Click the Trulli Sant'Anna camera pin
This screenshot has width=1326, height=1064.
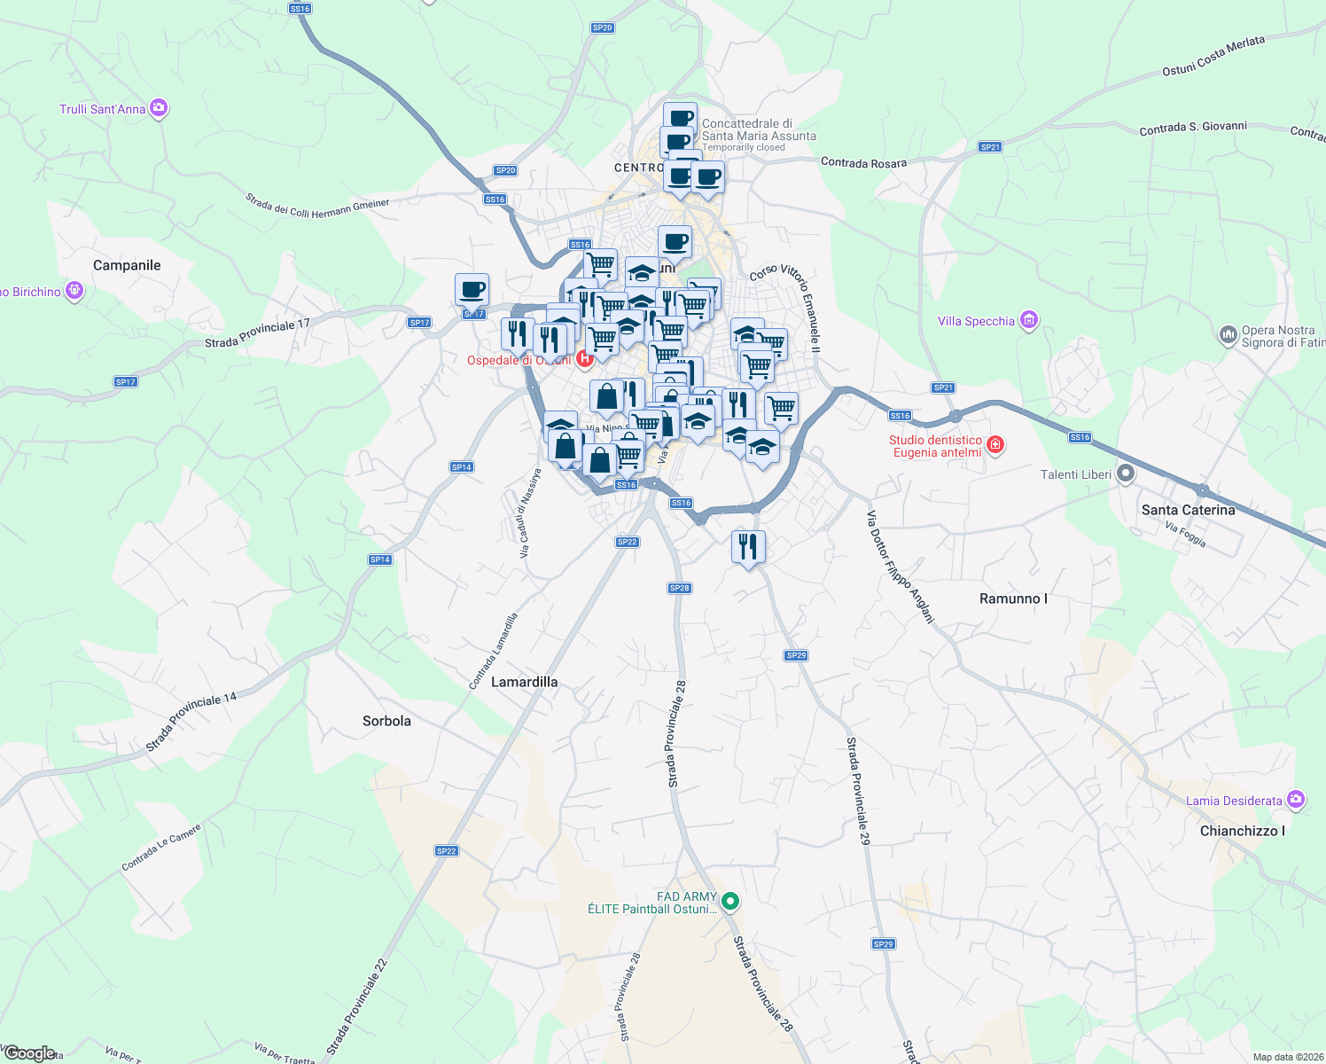[x=159, y=108]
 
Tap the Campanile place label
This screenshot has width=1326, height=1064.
[x=127, y=265]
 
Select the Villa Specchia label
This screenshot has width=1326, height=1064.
[x=976, y=321]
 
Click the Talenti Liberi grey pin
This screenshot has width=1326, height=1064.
[x=1126, y=473]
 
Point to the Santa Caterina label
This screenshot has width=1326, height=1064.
[x=1188, y=510]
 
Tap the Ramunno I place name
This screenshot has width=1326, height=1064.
[x=1013, y=598]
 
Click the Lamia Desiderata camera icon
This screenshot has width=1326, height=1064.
[x=1296, y=800]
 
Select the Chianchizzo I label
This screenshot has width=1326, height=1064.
[x=1242, y=831]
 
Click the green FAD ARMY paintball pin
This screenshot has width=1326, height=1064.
[x=730, y=902]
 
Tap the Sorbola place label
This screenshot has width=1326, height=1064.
[x=386, y=721]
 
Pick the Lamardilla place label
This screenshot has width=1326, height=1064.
[x=524, y=682]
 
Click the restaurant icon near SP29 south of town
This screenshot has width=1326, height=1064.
[x=748, y=547]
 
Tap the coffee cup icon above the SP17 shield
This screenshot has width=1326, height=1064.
[x=472, y=289]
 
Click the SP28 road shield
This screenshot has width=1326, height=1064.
[x=679, y=588]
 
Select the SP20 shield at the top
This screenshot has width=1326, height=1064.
[x=602, y=27]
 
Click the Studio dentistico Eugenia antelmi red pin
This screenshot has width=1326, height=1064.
[x=994, y=444]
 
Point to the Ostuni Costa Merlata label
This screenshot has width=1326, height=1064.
[x=1213, y=56]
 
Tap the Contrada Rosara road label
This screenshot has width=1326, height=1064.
[x=863, y=163]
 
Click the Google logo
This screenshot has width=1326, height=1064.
[x=29, y=1053]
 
